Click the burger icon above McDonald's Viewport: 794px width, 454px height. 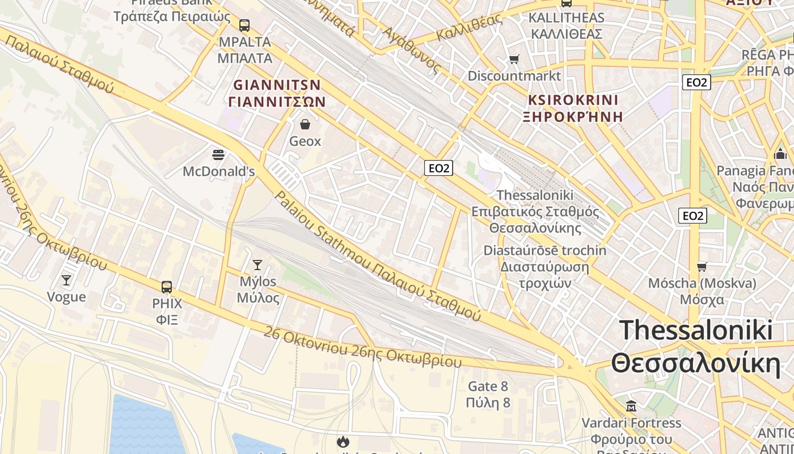coord(218,154)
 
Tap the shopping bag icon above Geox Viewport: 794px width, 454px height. coord(305,124)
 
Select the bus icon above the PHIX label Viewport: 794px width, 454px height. coord(167,287)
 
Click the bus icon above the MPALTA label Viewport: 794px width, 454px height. coord(244,26)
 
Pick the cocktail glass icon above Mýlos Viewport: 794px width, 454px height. coord(257,265)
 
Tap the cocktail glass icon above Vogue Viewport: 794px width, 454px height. coord(66,280)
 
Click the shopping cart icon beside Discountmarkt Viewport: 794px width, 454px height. coord(514,60)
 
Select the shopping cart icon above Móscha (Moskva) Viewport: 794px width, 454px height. coord(702,267)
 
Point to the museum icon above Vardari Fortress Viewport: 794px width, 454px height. coord(631,406)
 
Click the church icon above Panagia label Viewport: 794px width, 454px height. coord(780,154)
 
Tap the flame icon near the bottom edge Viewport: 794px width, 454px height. coord(343,442)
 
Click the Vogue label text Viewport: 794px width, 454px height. coord(66,297)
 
